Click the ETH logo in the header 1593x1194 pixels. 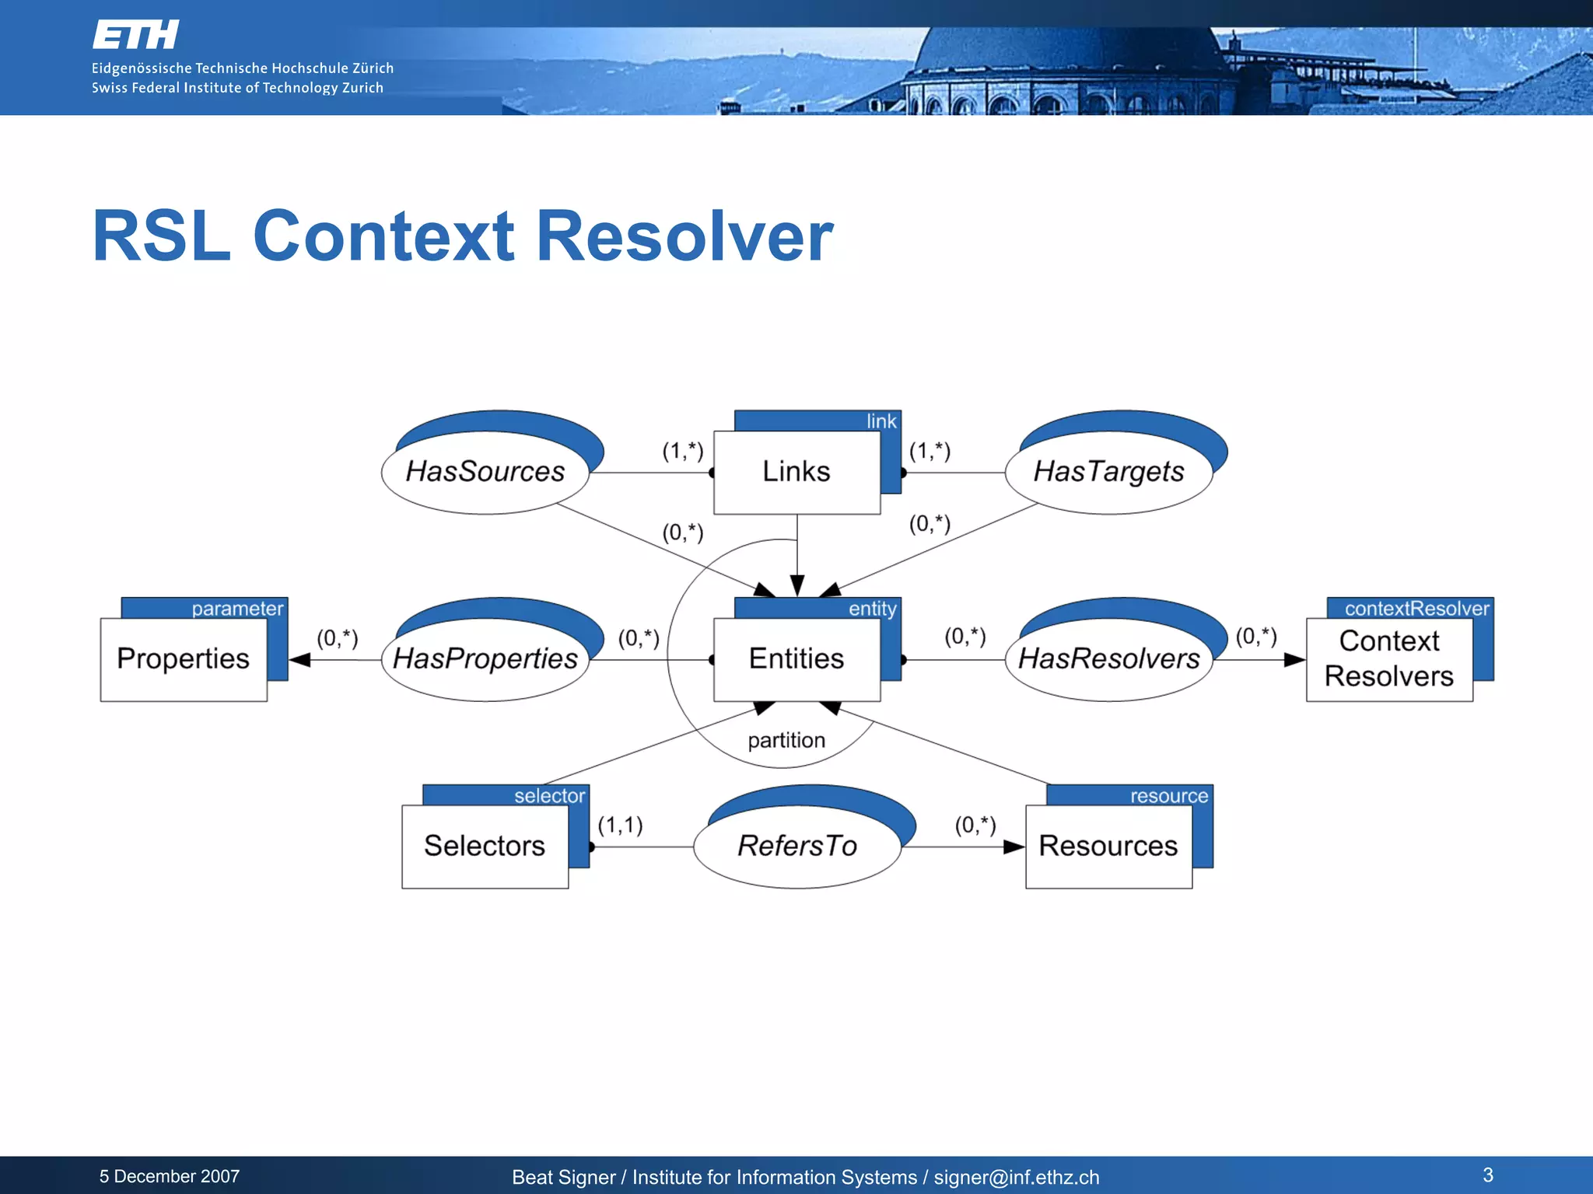(x=136, y=36)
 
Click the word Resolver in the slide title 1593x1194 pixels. (x=684, y=236)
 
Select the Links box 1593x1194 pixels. (x=796, y=472)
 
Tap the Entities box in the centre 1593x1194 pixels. (x=796, y=659)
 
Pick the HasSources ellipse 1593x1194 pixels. (x=485, y=472)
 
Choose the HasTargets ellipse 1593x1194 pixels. (x=1108, y=472)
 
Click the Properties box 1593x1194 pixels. (x=184, y=659)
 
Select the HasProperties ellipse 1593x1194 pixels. (x=485, y=659)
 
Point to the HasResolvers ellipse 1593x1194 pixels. (x=1108, y=659)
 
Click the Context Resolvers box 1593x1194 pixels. (x=1389, y=659)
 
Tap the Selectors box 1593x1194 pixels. (x=485, y=846)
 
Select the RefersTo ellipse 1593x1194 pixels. (x=797, y=846)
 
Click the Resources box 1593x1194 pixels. (x=1108, y=846)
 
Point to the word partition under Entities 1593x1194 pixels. (x=786, y=740)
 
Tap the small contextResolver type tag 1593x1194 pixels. (x=1416, y=609)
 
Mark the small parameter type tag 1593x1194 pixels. (x=237, y=609)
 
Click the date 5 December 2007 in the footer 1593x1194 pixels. (x=170, y=1176)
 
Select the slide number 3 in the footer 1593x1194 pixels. (x=1487, y=1175)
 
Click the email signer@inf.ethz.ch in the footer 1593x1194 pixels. (x=1016, y=1178)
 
